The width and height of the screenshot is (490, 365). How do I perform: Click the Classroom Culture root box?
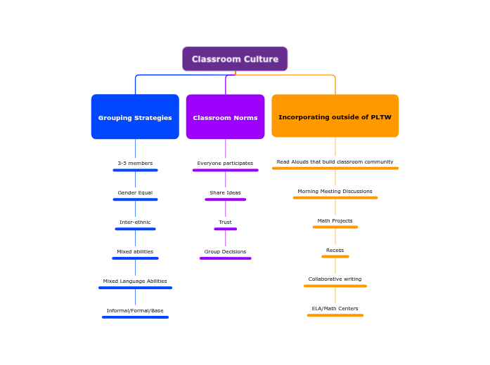[x=235, y=59]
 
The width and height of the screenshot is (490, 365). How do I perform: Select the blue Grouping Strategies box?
[x=135, y=117]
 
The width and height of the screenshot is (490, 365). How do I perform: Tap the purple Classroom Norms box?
[x=225, y=117]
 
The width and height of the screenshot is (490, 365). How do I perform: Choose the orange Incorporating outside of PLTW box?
[x=335, y=117]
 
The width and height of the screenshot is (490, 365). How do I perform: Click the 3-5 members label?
[x=135, y=164]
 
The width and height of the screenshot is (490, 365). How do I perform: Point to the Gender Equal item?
[x=135, y=193]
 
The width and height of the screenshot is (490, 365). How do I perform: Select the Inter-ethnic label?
[x=135, y=223]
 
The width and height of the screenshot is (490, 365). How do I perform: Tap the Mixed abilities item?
[x=135, y=252]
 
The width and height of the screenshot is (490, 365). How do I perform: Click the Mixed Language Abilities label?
[x=135, y=281]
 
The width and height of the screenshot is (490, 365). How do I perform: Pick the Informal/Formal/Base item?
[x=135, y=311]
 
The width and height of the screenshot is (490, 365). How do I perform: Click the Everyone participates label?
[x=225, y=164]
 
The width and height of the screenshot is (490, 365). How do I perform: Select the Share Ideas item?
[x=225, y=193]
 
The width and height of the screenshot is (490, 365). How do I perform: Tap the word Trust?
[x=225, y=223]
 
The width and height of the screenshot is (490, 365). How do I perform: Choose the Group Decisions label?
[x=225, y=252]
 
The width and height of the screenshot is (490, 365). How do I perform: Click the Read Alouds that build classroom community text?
[x=335, y=162]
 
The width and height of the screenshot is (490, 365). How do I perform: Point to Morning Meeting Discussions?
[x=335, y=192]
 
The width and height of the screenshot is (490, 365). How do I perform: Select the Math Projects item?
[x=335, y=221]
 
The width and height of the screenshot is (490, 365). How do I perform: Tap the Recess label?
[x=335, y=251]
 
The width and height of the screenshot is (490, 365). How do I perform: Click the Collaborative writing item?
[x=335, y=279]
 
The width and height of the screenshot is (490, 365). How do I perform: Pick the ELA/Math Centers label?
[x=335, y=309]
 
